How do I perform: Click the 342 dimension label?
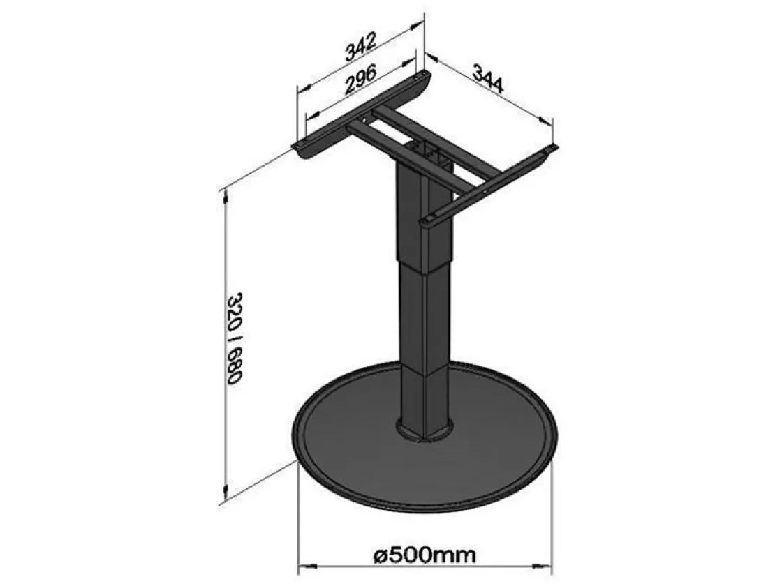pos(360,46)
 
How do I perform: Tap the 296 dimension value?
pos(360,80)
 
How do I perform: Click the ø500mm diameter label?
pos(425,554)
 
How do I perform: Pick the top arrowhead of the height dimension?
pos(226,195)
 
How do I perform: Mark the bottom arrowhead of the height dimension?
pos(226,491)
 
